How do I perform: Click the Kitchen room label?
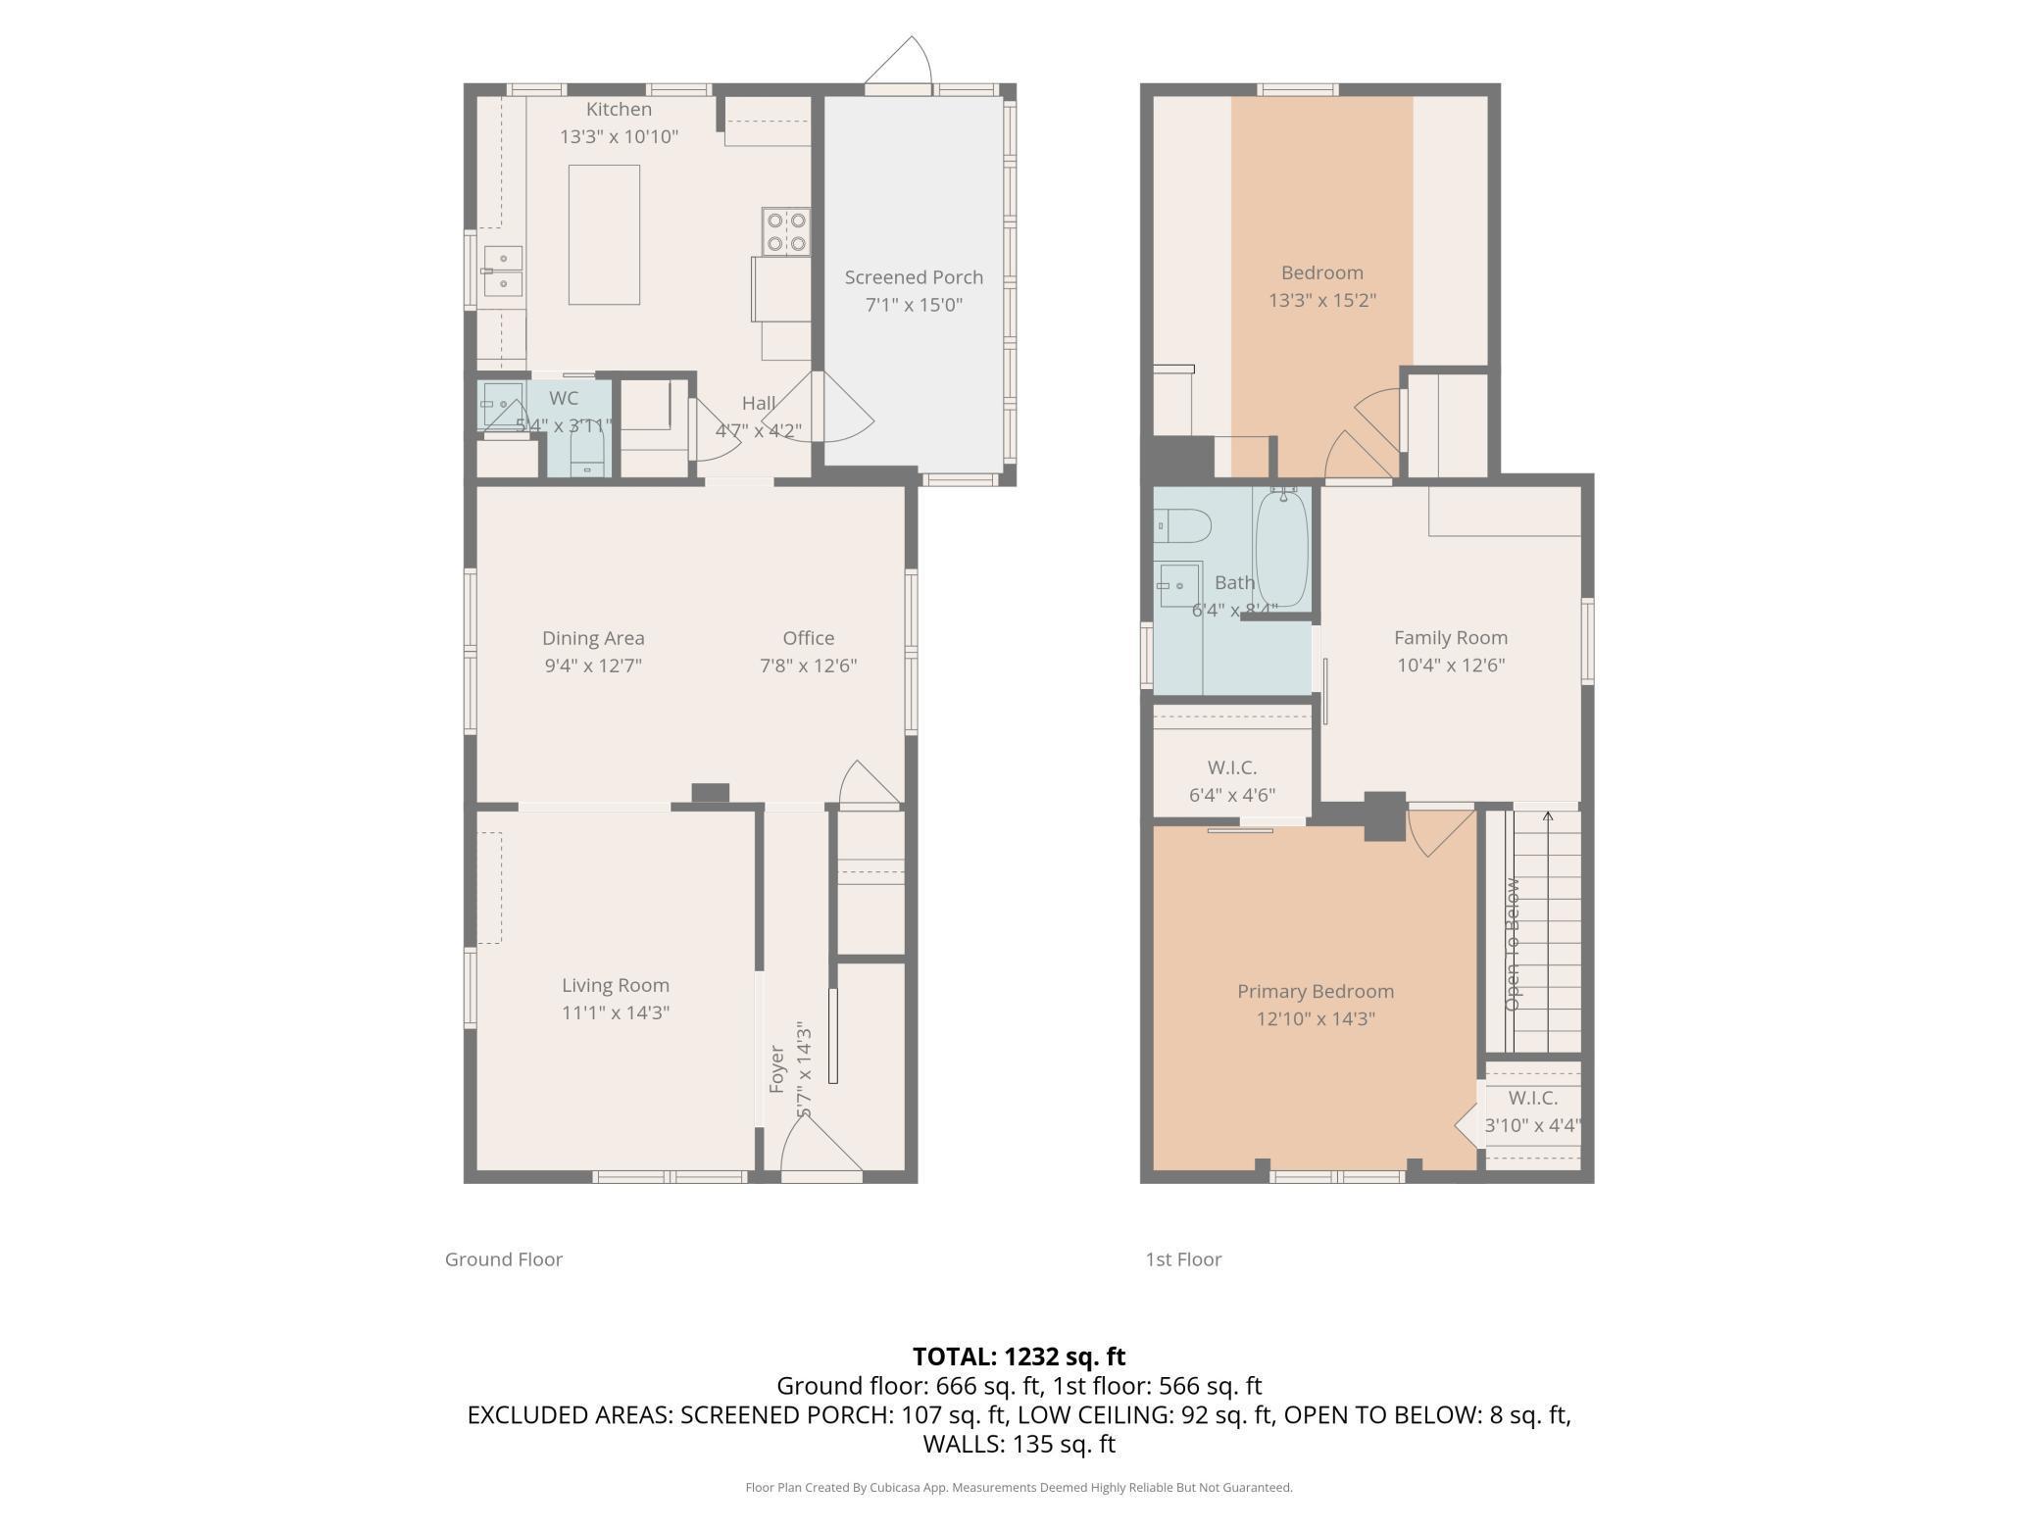(619, 109)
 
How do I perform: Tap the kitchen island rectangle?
(604, 234)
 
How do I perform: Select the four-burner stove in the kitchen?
(786, 231)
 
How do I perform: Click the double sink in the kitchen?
(502, 271)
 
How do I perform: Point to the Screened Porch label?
(914, 277)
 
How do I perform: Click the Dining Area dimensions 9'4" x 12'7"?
(593, 666)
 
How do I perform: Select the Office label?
(809, 638)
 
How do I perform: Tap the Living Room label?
(616, 985)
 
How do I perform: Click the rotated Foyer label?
(777, 1069)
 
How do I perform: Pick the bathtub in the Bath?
(1281, 549)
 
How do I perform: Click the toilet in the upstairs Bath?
(1182, 525)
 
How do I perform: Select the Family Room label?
(1451, 638)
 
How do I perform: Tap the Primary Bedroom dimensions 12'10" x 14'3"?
(1316, 1018)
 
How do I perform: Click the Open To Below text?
(1513, 944)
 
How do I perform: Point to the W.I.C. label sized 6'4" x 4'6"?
(1232, 767)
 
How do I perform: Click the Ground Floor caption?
(504, 1259)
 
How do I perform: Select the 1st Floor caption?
(1183, 1259)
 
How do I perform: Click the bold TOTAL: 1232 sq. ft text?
(1019, 1356)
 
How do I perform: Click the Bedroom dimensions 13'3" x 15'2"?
(1322, 300)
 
